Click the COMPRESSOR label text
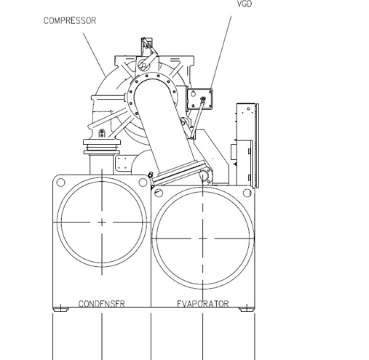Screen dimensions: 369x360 tap(70, 20)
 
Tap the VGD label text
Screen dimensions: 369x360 tap(245, 4)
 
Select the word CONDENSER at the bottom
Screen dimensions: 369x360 tap(102, 304)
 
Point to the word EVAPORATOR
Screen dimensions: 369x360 tap(203, 304)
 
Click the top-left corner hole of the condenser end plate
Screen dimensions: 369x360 tap(60, 183)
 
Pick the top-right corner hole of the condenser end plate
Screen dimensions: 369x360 tap(143, 183)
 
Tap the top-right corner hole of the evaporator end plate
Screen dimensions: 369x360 tap(247, 193)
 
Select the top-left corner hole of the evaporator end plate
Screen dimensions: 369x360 tap(159, 193)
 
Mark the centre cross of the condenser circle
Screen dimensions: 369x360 tap(102, 222)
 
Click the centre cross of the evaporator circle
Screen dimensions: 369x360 tap(202, 239)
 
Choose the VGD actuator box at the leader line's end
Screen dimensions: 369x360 tap(200, 99)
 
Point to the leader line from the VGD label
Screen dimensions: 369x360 tap(221, 52)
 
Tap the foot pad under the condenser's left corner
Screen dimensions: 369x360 tap(60, 310)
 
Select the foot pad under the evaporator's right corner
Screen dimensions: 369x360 tap(247, 310)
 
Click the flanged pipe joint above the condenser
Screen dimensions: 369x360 tap(102, 147)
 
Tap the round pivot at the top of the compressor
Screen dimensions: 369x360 tap(142, 65)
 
